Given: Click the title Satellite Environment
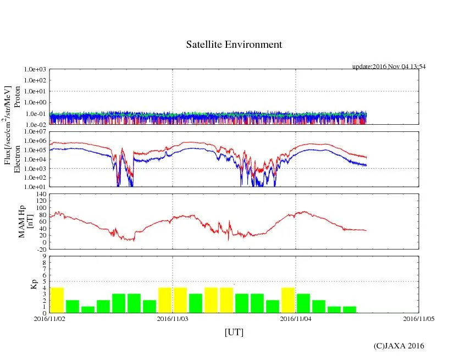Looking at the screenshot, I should pos(234,45).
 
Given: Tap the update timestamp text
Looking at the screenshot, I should pos(389,67).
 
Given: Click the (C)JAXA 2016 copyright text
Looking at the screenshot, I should pos(398,346).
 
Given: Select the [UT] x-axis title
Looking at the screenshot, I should pos(234,332).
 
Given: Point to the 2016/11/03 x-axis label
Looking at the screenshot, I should pos(173,318).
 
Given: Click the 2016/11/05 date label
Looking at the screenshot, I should pos(419,318).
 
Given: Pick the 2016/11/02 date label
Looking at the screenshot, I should pos(49,318).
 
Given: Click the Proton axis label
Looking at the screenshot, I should pos(17,97).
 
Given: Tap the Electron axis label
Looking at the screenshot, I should pos(17,159).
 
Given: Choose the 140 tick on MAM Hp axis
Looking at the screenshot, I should pos(40,195).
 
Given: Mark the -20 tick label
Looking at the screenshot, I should pos(40,249).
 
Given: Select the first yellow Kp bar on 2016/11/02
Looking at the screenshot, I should pos(57,300).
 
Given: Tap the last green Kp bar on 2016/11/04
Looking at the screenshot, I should pos(350,309).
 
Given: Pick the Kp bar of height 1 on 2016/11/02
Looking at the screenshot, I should pos(88,309).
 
